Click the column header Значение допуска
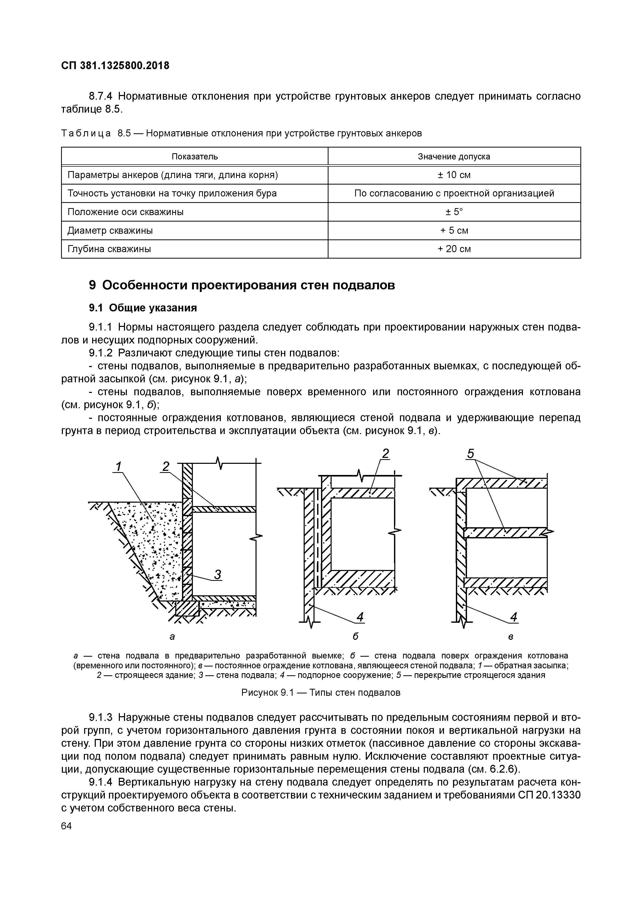(x=454, y=157)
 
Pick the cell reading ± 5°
(x=454, y=212)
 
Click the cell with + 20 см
(x=454, y=249)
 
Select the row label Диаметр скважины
(x=110, y=231)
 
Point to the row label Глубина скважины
(x=109, y=249)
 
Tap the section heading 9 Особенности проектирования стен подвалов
(x=242, y=285)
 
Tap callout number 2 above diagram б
(x=385, y=454)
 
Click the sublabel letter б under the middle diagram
(x=355, y=637)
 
